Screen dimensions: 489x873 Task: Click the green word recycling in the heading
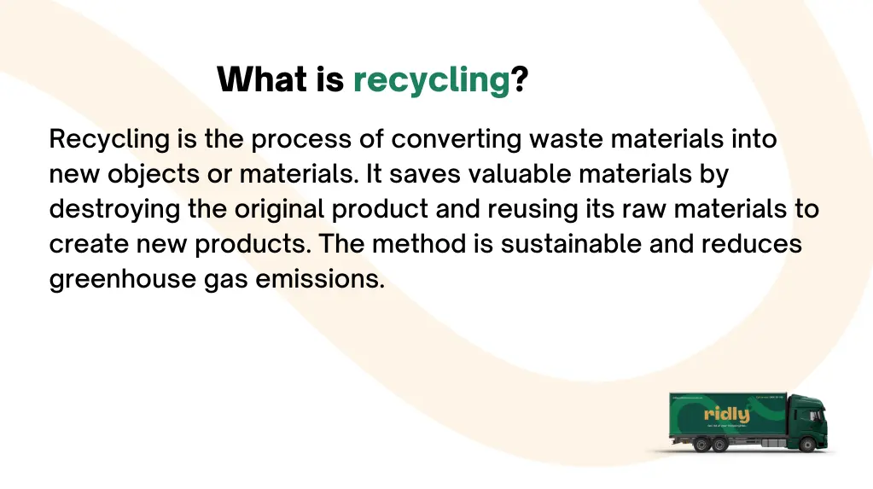click(431, 80)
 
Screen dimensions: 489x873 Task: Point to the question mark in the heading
click(520, 80)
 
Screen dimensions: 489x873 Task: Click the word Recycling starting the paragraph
click(110, 139)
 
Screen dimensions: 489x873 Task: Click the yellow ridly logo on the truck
click(726, 414)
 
